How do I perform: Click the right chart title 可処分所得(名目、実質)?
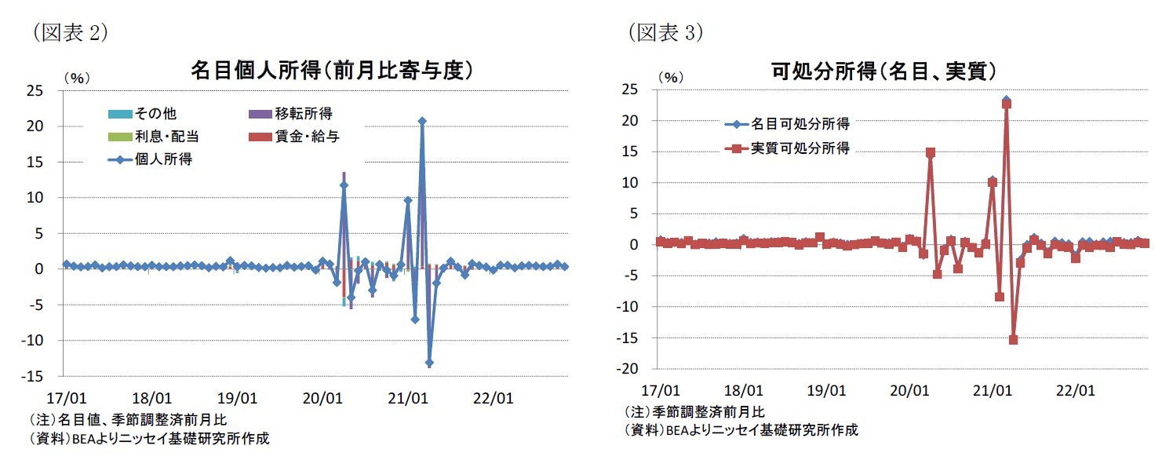[883, 71]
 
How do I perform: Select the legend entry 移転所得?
[303, 114]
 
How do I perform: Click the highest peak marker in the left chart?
[422, 122]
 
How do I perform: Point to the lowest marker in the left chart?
[429, 363]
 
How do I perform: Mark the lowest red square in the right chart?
[1014, 340]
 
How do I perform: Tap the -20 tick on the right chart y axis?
[631, 369]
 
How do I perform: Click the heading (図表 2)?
[69, 32]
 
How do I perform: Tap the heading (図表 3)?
[665, 32]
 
